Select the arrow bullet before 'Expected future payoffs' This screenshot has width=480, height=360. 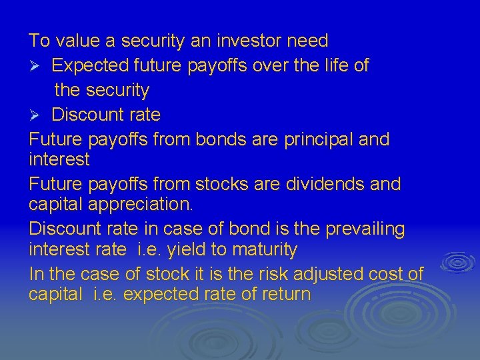click(36, 65)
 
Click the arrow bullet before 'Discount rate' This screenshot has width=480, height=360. click(36, 115)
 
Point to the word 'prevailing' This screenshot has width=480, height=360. click(365, 229)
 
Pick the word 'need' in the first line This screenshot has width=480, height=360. click(307, 41)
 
